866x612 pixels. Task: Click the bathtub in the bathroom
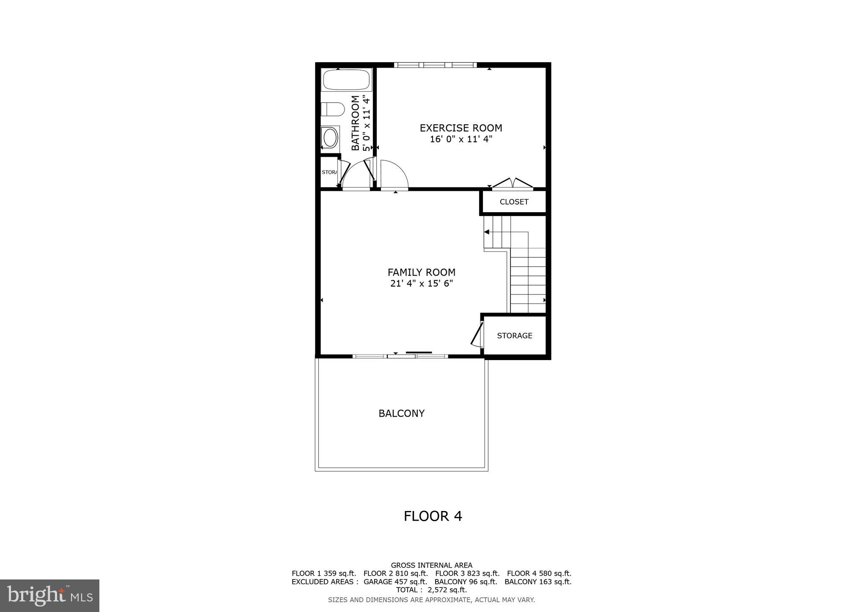click(x=346, y=79)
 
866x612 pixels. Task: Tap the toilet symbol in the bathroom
click(x=333, y=109)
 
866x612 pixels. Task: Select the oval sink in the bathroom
click(x=330, y=137)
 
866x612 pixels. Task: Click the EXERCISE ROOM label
click(x=460, y=128)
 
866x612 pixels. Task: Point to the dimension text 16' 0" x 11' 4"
click(x=461, y=139)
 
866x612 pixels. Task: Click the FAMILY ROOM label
click(x=421, y=272)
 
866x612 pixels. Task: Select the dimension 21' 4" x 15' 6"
click(x=421, y=284)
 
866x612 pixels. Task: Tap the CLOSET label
click(x=514, y=202)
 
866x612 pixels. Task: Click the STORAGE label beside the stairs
click(x=514, y=336)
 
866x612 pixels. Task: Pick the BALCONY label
click(x=401, y=413)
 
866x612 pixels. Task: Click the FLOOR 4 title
click(x=433, y=516)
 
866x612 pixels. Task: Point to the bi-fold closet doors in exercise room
click(x=512, y=183)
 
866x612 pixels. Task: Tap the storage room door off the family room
click(x=477, y=334)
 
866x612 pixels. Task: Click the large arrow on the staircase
click(x=487, y=232)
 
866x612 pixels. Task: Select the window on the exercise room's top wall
click(x=435, y=65)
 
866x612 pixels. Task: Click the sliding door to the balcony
click(x=400, y=356)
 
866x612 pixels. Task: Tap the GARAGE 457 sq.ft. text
click(x=395, y=582)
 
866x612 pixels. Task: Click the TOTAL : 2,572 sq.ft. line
click(x=431, y=590)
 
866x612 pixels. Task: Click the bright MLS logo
click(x=49, y=596)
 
